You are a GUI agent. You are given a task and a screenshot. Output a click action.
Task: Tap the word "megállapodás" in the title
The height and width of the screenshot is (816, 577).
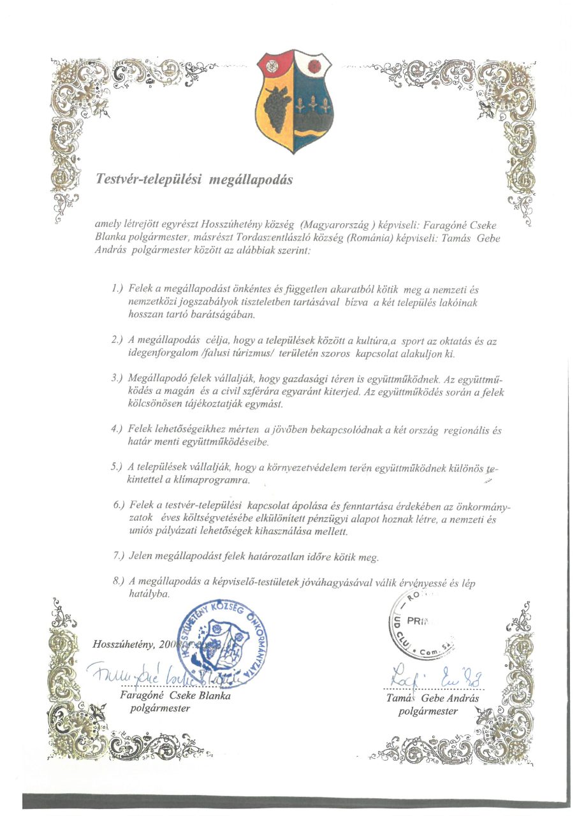coord(254,180)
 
